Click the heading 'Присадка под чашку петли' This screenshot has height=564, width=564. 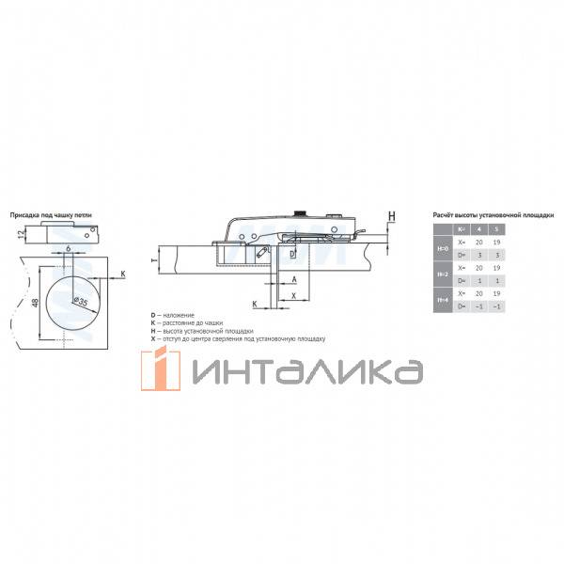[53, 215]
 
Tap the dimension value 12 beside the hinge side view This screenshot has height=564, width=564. [22, 233]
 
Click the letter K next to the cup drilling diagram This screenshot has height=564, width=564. [122, 275]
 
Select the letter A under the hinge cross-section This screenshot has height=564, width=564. [293, 280]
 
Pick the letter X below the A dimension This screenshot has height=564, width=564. [293, 295]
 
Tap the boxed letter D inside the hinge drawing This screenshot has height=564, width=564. [291, 254]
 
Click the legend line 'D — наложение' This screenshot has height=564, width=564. [175, 314]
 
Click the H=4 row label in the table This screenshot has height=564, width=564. [444, 302]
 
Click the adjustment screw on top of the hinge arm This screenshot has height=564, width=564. [302, 213]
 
